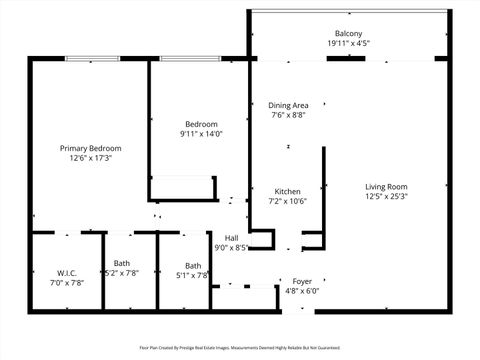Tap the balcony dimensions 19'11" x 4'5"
click(x=349, y=44)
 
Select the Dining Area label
click(x=288, y=105)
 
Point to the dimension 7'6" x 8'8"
click(x=288, y=115)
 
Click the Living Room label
click(x=386, y=187)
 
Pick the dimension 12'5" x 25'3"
click(x=386, y=197)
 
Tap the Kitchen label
click(x=288, y=191)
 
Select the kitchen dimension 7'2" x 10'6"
click(x=288, y=201)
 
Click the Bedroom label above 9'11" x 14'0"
click(x=199, y=124)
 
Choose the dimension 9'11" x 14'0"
click(x=199, y=134)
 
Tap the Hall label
click(x=231, y=238)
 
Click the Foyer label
click(x=301, y=282)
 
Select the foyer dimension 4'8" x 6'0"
click(x=301, y=292)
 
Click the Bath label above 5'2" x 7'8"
click(x=122, y=263)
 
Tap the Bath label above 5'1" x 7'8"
click(x=192, y=266)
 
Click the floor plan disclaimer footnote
click(x=240, y=348)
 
